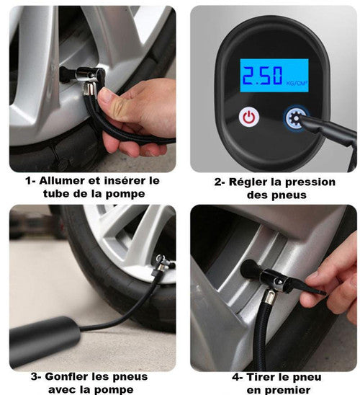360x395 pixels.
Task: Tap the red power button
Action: click(x=249, y=117)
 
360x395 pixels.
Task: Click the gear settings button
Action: click(x=296, y=118)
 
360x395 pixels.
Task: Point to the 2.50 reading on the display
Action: click(x=262, y=76)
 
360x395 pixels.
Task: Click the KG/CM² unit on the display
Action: click(x=297, y=83)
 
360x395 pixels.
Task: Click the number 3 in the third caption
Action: click(x=35, y=377)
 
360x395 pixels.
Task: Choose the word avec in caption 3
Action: click(x=60, y=390)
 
